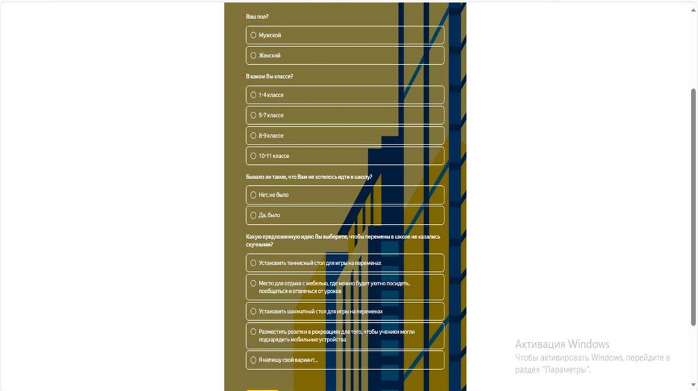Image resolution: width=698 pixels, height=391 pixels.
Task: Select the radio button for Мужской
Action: (254, 35)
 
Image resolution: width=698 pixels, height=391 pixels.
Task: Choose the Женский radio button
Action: (254, 55)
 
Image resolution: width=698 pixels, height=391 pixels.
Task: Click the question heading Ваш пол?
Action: (257, 16)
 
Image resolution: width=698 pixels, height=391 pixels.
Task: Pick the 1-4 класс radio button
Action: (254, 95)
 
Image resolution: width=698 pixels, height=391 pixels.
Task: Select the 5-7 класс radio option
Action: (254, 115)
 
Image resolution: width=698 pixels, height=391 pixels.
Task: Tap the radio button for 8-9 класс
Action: (254, 136)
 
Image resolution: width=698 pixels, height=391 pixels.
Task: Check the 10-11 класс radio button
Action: (254, 156)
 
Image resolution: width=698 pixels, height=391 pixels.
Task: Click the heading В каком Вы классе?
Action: (269, 76)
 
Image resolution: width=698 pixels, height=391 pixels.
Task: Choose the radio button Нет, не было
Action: (254, 195)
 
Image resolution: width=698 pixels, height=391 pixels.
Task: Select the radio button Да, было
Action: (254, 215)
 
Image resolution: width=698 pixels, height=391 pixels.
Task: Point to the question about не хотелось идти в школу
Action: (309, 176)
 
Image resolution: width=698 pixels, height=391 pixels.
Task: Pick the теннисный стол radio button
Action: (254, 263)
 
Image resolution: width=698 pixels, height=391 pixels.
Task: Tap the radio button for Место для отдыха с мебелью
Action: (254, 283)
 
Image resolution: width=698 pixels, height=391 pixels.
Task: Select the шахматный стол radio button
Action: (254, 311)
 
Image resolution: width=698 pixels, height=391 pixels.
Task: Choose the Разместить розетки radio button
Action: (254, 332)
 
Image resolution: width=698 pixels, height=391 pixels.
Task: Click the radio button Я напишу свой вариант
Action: (254, 360)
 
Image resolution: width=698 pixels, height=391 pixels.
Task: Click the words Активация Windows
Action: (562, 344)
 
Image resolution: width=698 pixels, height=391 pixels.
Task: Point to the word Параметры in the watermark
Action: (566, 370)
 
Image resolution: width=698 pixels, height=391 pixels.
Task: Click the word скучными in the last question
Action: (259, 244)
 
